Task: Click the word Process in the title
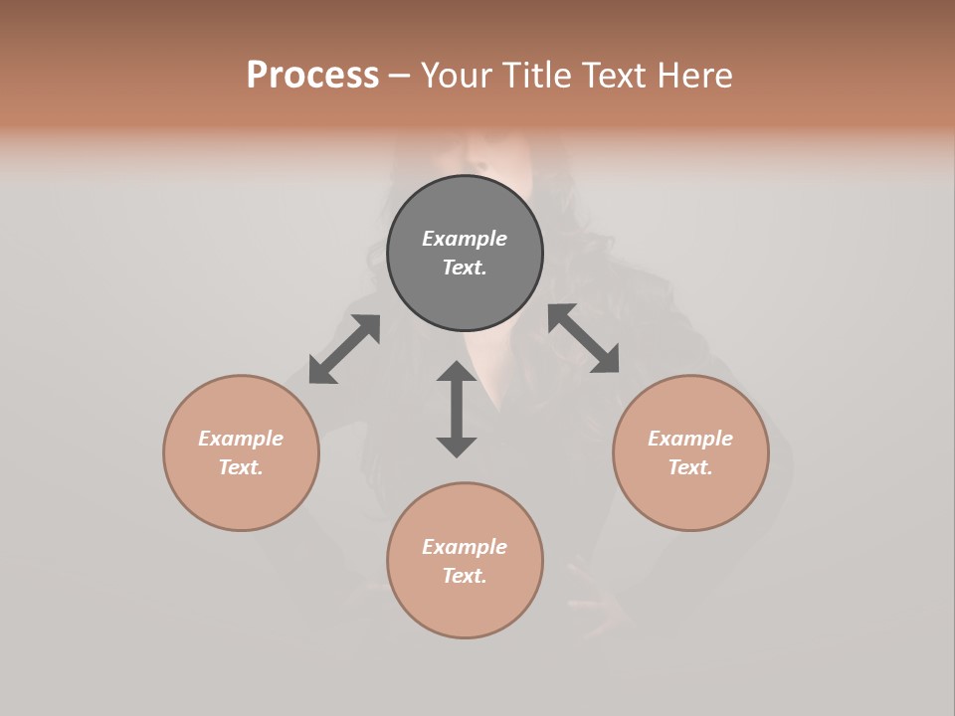[x=312, y=76]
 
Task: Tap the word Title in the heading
[x=538, y=76]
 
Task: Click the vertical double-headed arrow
[x=457, y=409]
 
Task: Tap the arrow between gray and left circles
[x=344, y=349]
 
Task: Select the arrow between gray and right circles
[x=584, y=338]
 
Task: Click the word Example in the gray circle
[x=465, y=239]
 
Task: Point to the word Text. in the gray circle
[x=465, y=268]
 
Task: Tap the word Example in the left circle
[x=241, y=439]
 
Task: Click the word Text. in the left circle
[x=241, y=467]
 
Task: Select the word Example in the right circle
[x=690, y=439]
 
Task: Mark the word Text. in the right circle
[x=690, y=467]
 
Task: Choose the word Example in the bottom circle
[x=465, y=547]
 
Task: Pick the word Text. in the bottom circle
[x=465, y=576]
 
